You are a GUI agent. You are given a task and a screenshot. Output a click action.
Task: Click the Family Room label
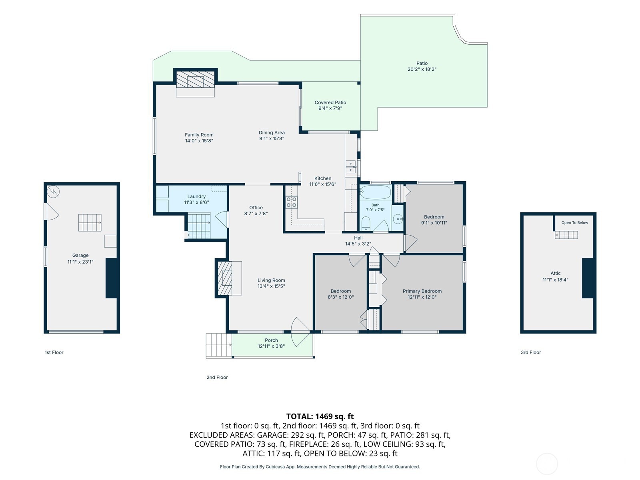point(199,135)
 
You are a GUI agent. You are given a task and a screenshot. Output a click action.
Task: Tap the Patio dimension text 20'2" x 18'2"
point(422,69)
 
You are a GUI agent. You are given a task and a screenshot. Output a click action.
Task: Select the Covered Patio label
point(330,102)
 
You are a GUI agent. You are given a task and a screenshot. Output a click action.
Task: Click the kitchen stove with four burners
point(291,202)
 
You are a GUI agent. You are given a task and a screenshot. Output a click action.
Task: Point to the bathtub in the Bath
point(375,192)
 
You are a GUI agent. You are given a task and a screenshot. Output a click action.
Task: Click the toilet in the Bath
point(366,224)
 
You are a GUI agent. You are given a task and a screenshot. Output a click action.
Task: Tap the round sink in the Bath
point(398,218)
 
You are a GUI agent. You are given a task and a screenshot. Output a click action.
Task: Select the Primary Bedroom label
point(422,291)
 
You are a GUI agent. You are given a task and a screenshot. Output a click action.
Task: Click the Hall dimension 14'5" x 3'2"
point(358,244)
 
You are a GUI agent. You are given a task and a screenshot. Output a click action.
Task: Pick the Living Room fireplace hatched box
point(225,278)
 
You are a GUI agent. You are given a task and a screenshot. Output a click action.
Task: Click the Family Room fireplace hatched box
point(195,79)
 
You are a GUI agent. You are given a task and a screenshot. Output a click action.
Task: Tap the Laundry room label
point(196,196)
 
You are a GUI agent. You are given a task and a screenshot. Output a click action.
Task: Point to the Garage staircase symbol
point(90,223)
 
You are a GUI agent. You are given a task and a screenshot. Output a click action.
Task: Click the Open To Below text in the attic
point(574,223)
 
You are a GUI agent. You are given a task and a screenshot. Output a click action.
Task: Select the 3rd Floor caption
point(531,352)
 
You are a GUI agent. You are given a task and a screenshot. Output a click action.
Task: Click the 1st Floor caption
point(54,352)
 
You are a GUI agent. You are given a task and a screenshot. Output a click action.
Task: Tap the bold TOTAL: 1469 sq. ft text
point(320,416)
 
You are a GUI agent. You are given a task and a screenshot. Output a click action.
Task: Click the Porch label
point(271,340)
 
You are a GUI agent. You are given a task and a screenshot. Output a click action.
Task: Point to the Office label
point(256,208)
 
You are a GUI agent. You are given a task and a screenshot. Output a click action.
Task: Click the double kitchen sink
point(350,167)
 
